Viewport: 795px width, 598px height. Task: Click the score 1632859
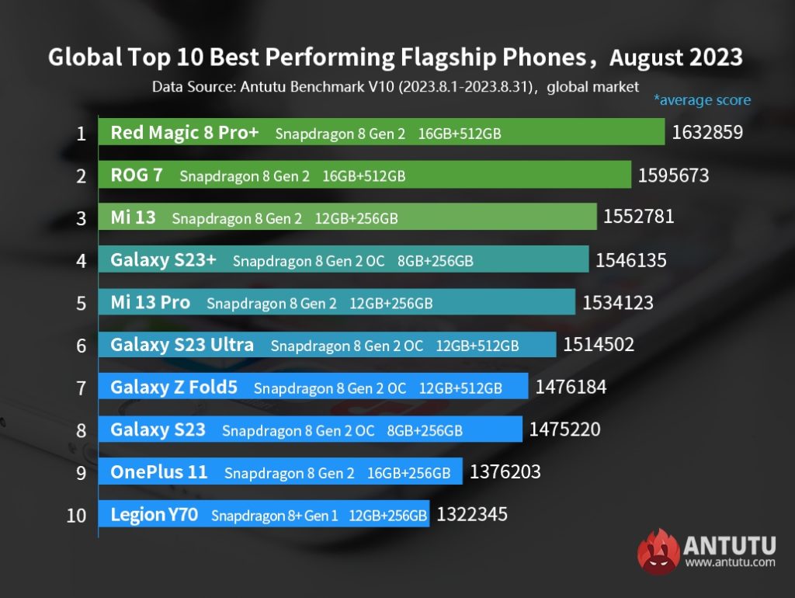click(x=707, y=133)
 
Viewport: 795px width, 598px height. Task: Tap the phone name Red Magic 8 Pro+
click(x=185, y=133)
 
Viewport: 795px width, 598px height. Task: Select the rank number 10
click(x=76, y=515)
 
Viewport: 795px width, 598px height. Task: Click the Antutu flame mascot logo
click(x=658, y=552)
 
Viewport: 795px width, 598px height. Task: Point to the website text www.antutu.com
click(x=730, y=561)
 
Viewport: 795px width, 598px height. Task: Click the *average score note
click(x=702, y=100)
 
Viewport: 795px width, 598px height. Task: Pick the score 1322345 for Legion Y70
click(x=472, y=514)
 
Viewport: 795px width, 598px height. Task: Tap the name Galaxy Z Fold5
click(x=174, y=387)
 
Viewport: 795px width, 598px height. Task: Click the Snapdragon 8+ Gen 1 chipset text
click(x=274, y=515)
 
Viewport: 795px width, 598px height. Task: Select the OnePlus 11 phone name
click(x=159, y=472)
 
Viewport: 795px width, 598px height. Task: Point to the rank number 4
click(x=81, y=260)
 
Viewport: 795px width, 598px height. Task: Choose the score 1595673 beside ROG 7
click(x=673, y=176)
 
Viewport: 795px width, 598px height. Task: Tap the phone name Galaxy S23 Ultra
click(x=182, y=344)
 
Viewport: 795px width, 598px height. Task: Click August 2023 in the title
click(x=675, y=58)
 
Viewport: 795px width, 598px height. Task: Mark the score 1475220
click(x=564, y=429)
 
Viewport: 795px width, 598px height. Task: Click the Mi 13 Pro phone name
click(x=150, y=302)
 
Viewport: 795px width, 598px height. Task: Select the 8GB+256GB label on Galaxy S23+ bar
click(x=435, y=261)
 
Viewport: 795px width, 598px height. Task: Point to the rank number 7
click(x=81, y=388)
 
